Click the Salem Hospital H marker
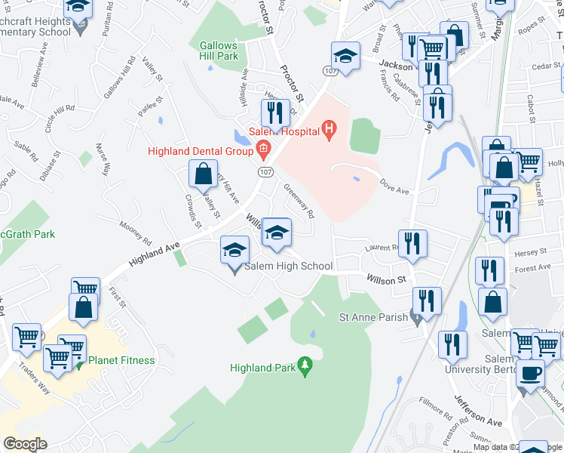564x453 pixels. click(x=328, y=131)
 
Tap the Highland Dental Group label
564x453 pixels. click(x=200, y=151)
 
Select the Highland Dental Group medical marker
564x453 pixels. click(x=263, y=150)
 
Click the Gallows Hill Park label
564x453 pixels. click(x=219, y=51)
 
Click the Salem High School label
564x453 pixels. click(x=288, y=266)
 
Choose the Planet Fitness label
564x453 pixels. click(x=121, y=360)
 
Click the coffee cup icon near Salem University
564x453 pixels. click(x=530, y=373)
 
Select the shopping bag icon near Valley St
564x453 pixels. click(x=204, y=174)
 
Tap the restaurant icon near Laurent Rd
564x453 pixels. click(x=412, y=243)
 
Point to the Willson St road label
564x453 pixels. click(x=386, y=279)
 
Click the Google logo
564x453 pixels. click(x=25, y=444)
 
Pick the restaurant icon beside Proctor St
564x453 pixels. click(x=274, y=112)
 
